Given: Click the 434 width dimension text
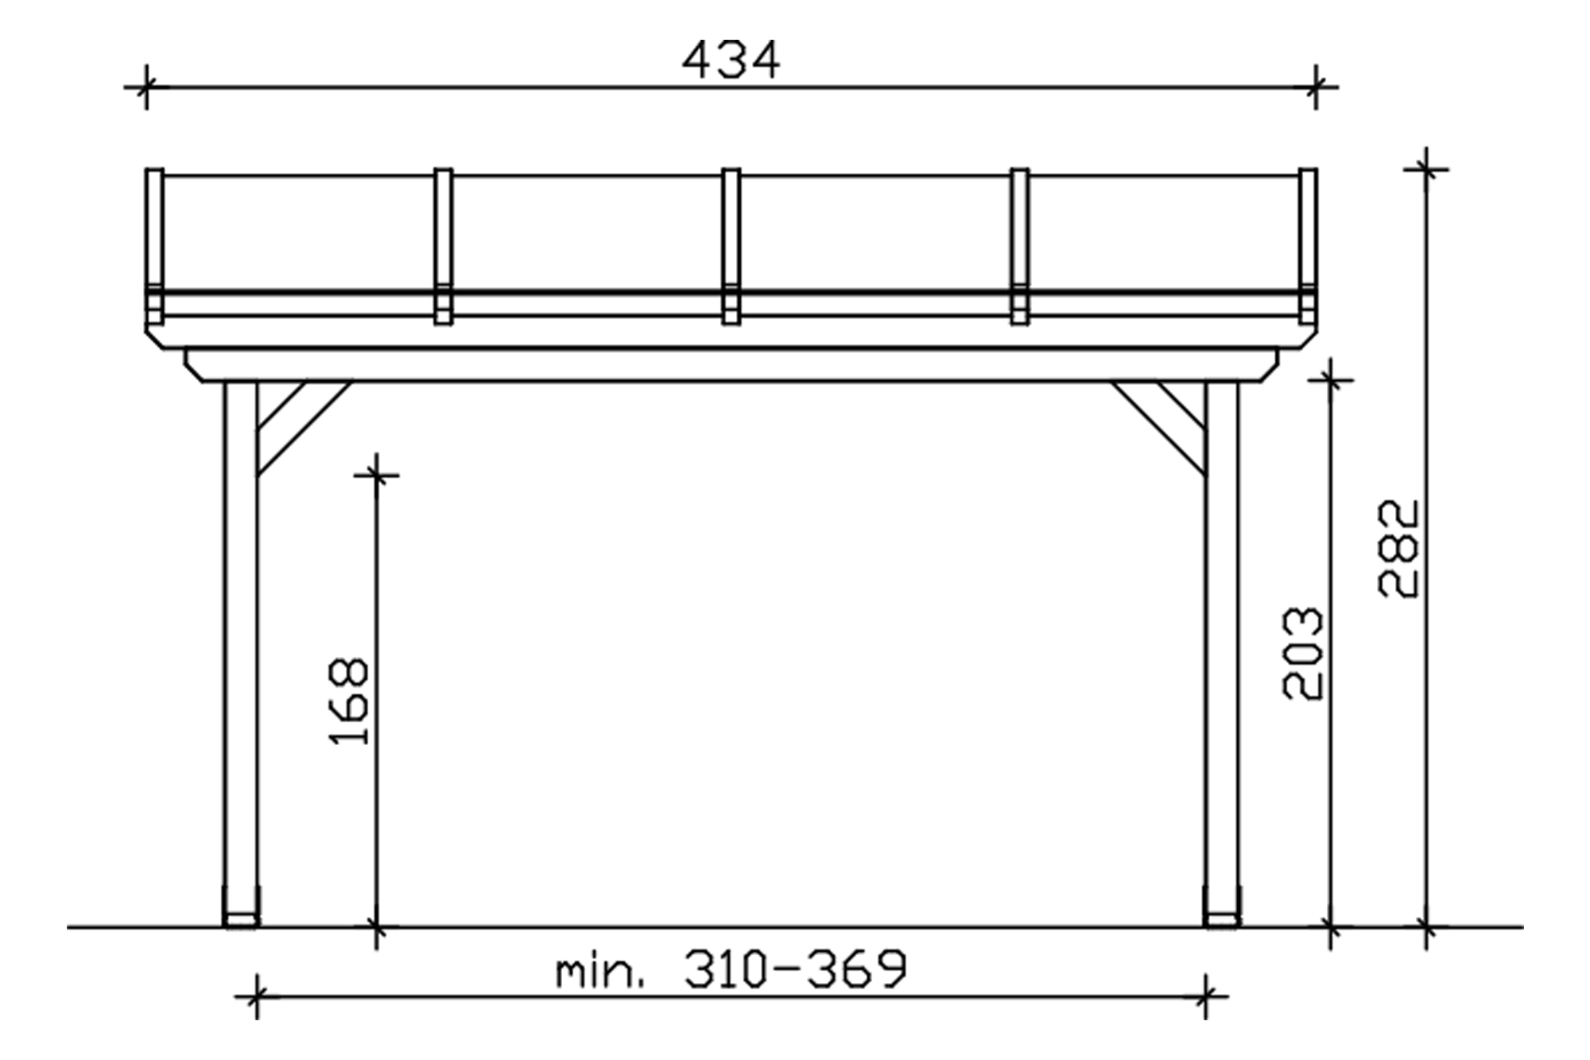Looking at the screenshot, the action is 731,60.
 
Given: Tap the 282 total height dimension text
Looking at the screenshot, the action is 1398,549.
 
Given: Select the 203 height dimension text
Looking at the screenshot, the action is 1304,654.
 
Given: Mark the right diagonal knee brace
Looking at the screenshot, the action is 1158,428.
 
